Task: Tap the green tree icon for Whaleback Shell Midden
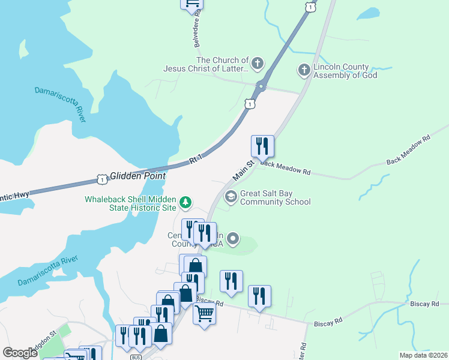coord(186,203)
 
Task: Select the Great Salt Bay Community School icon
coord(231,196)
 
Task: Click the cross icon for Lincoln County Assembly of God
coord(304,70)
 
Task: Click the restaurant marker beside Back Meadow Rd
coord(262,146)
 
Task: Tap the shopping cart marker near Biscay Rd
coord(204,313)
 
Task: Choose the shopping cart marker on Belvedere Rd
coord(191,3)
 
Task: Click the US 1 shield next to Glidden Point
coord(102,179)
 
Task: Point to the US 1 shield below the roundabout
coord(249,104)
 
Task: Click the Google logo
coord(20,353)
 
